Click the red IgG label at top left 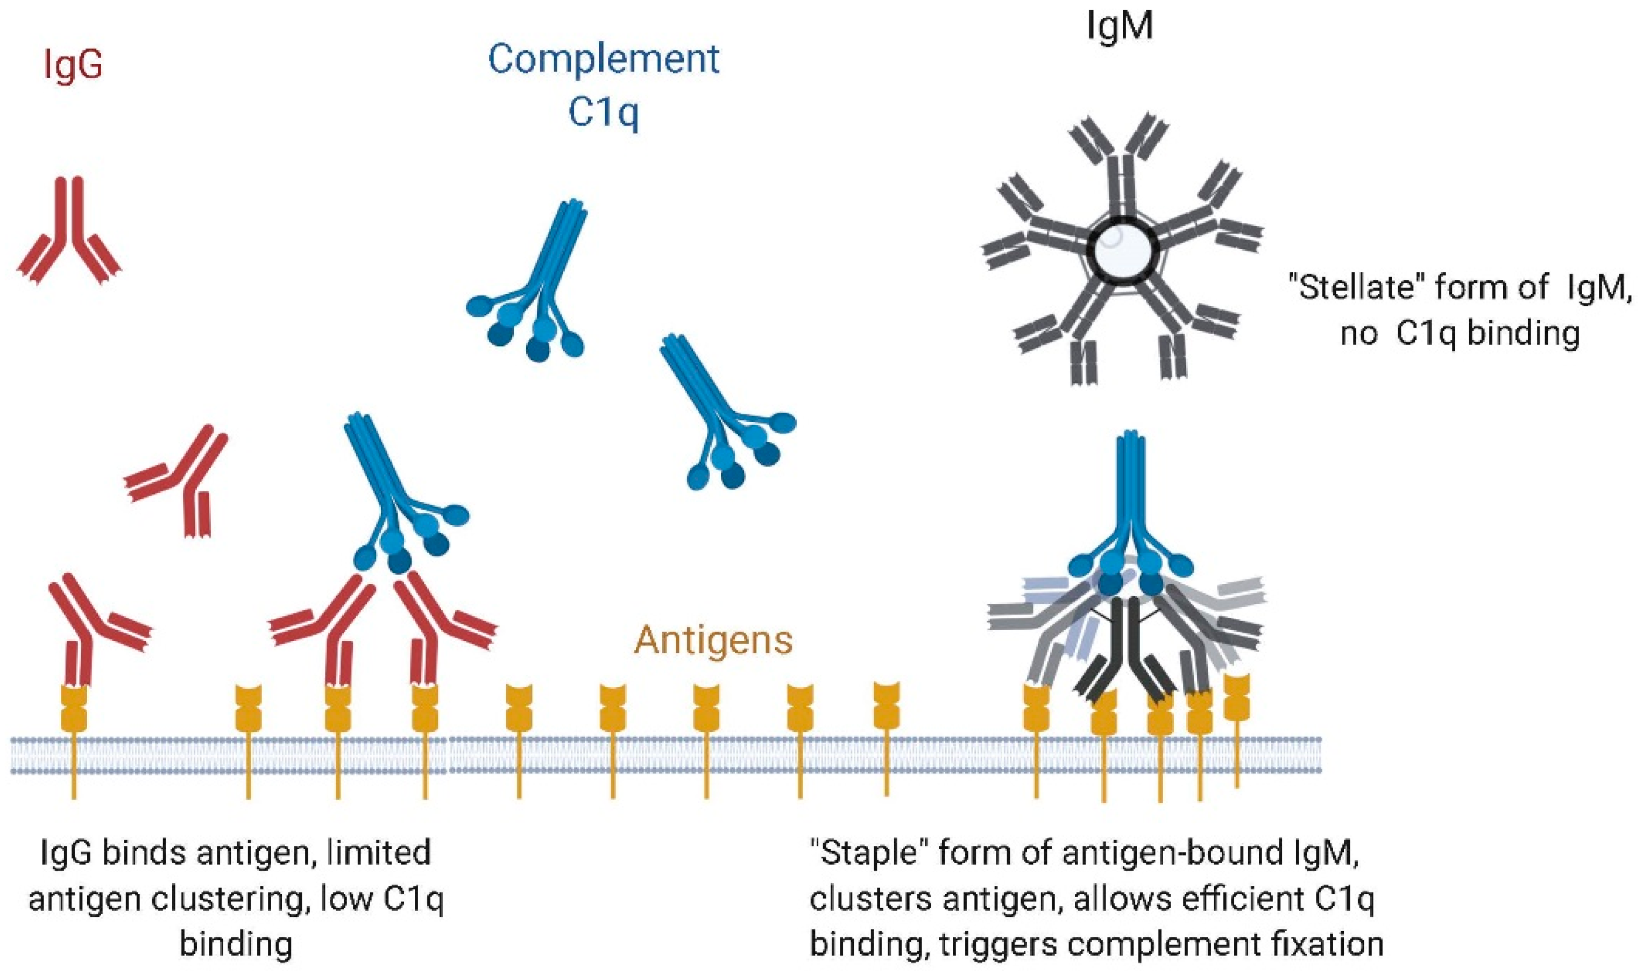(73, 66)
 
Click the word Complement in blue (603, 60)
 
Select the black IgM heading (1120, 26)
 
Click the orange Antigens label (713, 639)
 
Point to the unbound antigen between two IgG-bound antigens (248, 709)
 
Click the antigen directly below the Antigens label (707, 709)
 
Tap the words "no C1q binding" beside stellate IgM (1460, 334)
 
